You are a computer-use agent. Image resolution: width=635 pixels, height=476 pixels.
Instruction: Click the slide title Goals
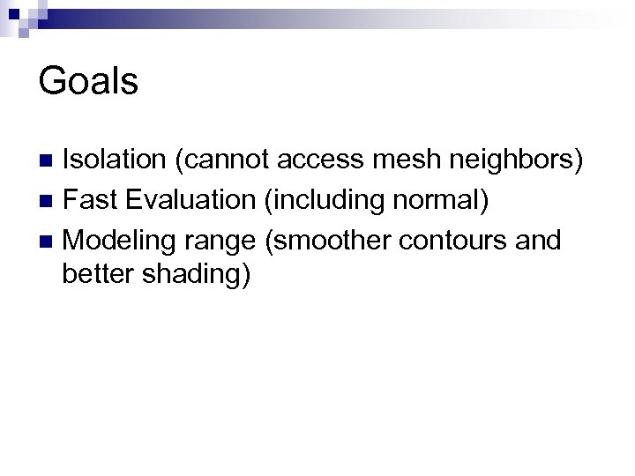(x=89, y=82)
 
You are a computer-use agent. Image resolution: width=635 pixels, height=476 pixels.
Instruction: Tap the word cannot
(x=225, y=160)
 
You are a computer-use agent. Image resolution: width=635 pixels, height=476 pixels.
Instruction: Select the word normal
(x=437, y=200)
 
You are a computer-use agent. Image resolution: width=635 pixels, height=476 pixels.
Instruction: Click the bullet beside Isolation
(x=50, y=161)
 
